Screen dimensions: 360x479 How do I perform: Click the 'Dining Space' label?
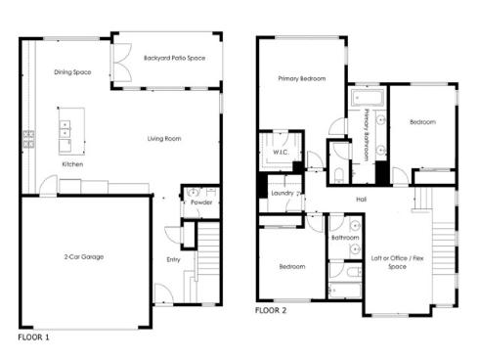(72, 71)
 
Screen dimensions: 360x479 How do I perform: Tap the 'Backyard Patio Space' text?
(166, 58)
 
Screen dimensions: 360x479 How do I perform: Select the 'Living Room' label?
(163, 139)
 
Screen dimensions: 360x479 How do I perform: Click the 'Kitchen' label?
(72, 164)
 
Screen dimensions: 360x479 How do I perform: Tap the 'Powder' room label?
(201, 202)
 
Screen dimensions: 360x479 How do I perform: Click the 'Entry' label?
(173, 259)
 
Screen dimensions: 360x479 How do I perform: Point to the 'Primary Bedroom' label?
(301, 78)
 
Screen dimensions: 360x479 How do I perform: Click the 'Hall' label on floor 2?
(361, 199)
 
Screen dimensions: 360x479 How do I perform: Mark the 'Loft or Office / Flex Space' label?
(396, 262)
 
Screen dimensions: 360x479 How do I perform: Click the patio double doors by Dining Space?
(121, 69)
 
